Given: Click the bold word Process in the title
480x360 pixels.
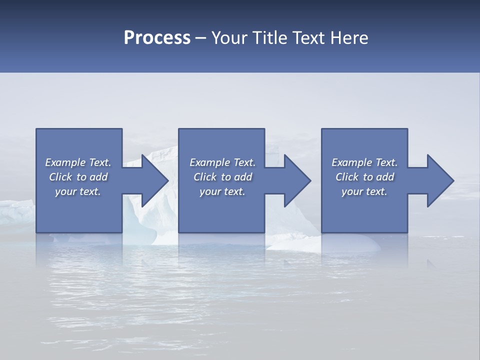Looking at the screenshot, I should click(157, 38).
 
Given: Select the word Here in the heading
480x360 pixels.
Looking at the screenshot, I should click(349, 38).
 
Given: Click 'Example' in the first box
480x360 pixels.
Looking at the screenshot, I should click(65, 162).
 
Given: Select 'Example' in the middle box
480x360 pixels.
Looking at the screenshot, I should click(209, 162).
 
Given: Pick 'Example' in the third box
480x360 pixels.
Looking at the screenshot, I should click(351, 162).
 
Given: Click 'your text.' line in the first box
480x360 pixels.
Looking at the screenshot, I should click(78, 191).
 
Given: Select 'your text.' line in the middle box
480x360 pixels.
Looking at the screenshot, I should click(222, 191).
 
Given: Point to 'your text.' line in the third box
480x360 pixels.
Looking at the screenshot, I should click(364, 191).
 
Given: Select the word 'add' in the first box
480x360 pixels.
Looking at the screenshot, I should click(98, 177).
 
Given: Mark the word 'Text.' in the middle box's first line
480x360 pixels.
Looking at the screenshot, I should click(243, 162).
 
